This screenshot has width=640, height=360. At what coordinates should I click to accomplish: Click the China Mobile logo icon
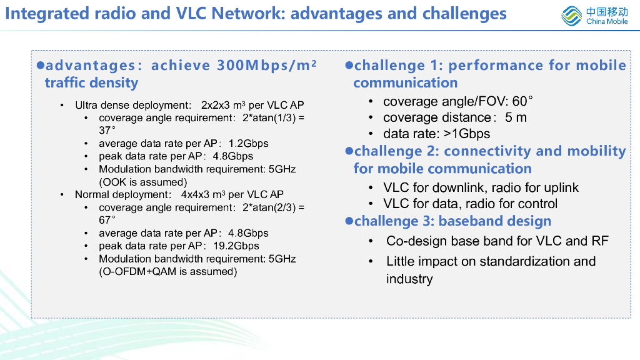click(571, 16)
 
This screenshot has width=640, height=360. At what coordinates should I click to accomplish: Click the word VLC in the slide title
click(191, 14)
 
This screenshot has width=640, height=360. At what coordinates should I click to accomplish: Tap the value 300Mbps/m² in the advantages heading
click(266, 65)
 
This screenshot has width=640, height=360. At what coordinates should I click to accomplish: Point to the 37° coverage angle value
click(107, 131)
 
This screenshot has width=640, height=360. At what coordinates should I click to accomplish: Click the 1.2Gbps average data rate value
click(248, 144)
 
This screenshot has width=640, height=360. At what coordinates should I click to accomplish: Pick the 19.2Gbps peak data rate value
click(236, 246)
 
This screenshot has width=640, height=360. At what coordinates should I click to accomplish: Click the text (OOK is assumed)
click(143, 182)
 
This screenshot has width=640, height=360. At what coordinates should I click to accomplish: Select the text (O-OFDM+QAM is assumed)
click(167, 272)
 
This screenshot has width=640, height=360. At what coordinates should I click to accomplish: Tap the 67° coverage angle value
click(107, 221)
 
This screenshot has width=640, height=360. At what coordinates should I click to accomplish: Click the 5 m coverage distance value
click(516, 117)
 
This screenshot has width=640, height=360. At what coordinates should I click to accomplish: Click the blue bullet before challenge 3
click(349, 221)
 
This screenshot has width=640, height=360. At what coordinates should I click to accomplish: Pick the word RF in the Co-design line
click(599, 241)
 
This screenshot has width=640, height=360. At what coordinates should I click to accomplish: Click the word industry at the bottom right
click(409, 279)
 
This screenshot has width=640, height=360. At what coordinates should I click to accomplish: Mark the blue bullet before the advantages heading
click(41, 65)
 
